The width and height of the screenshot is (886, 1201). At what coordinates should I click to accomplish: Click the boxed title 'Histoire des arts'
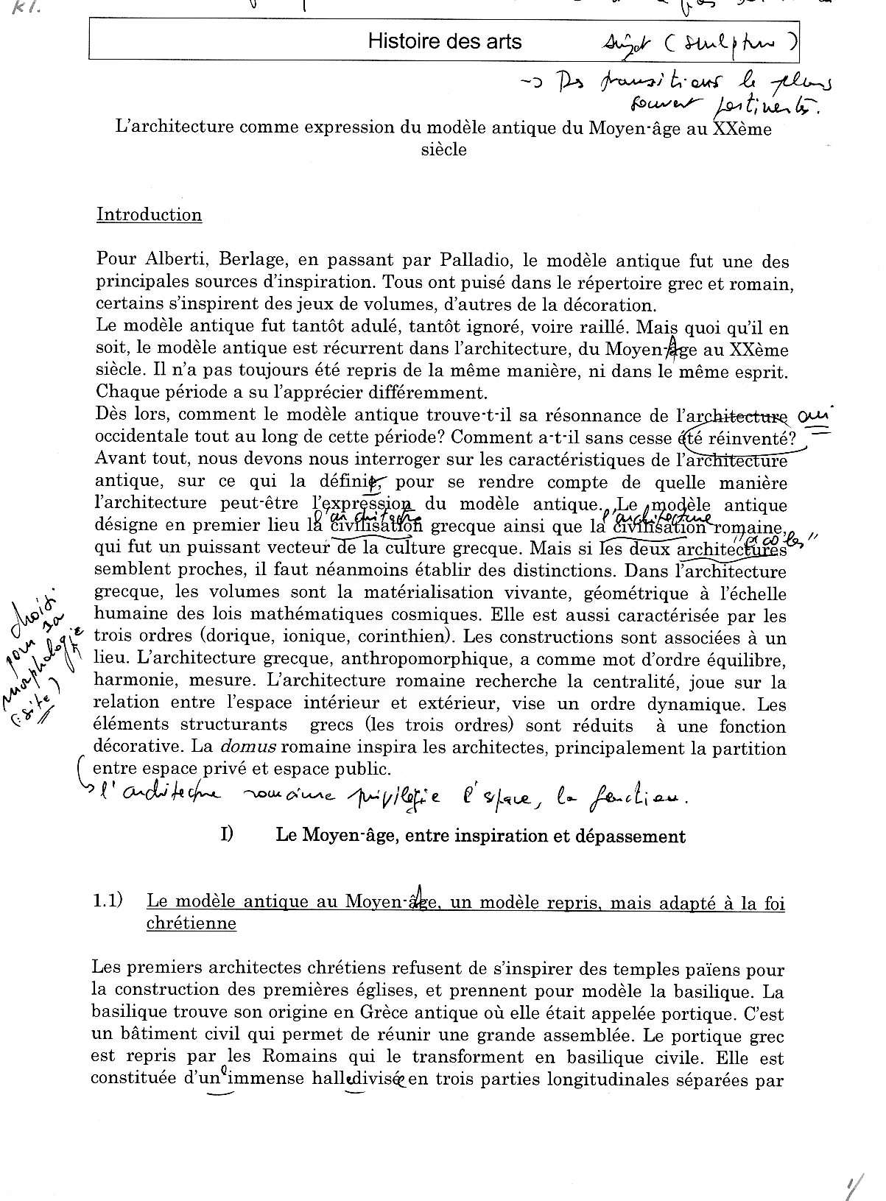point(445,40)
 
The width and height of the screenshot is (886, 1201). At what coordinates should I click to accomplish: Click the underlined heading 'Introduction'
point(149,215)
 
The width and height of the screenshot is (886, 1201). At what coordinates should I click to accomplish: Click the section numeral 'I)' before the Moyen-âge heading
point(227,835)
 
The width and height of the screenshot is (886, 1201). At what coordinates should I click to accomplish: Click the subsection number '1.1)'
point(108,901)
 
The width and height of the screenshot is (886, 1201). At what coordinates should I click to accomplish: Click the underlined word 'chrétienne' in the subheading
point(191,923)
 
